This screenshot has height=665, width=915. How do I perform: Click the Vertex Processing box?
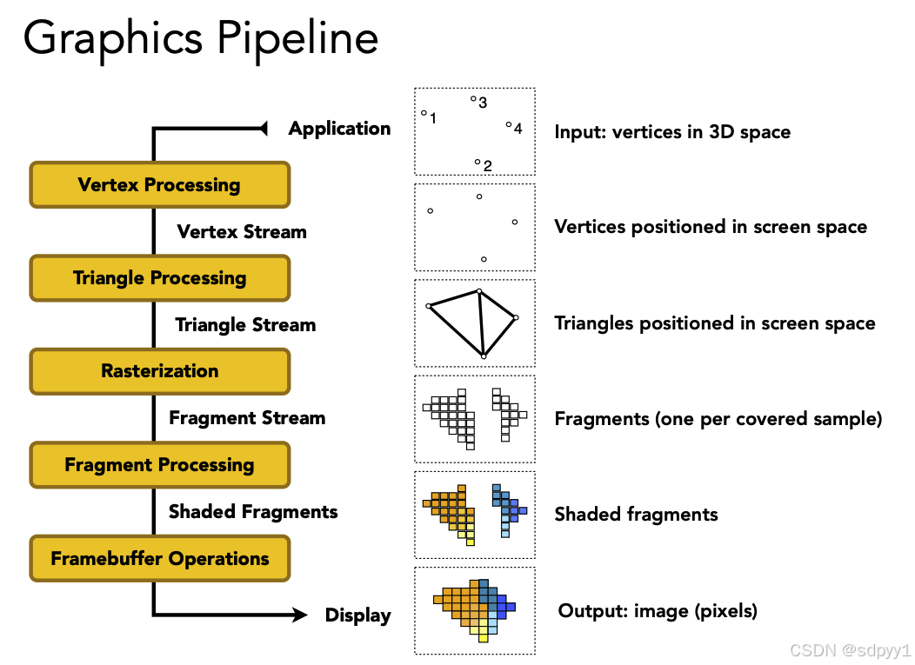coord(159,184)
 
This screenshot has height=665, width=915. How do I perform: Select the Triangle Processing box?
coord(159,278)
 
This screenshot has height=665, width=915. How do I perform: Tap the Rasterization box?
coord(159,371)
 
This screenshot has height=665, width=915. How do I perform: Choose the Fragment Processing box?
coord(159,465)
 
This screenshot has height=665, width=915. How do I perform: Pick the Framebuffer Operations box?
coord(159,558)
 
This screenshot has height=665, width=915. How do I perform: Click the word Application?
coord(339,129)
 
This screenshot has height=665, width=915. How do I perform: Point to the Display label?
coord(357,615)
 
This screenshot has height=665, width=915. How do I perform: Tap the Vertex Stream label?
coord(242,232)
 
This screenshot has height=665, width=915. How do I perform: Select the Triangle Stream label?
coord(245,325)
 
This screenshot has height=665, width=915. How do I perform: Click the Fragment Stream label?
coord(247,418)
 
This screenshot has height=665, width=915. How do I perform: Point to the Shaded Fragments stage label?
coord(253,511)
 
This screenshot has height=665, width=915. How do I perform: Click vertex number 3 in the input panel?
coord(473,99)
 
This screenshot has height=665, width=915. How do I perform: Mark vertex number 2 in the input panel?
coord(478,162)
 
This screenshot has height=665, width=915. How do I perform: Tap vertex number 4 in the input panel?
coord(509,124)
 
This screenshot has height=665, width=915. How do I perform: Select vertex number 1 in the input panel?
coord(424,112)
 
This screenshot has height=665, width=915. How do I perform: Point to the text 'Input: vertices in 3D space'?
coord(672,133)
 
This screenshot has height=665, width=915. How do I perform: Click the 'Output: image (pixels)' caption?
coord(658,611)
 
